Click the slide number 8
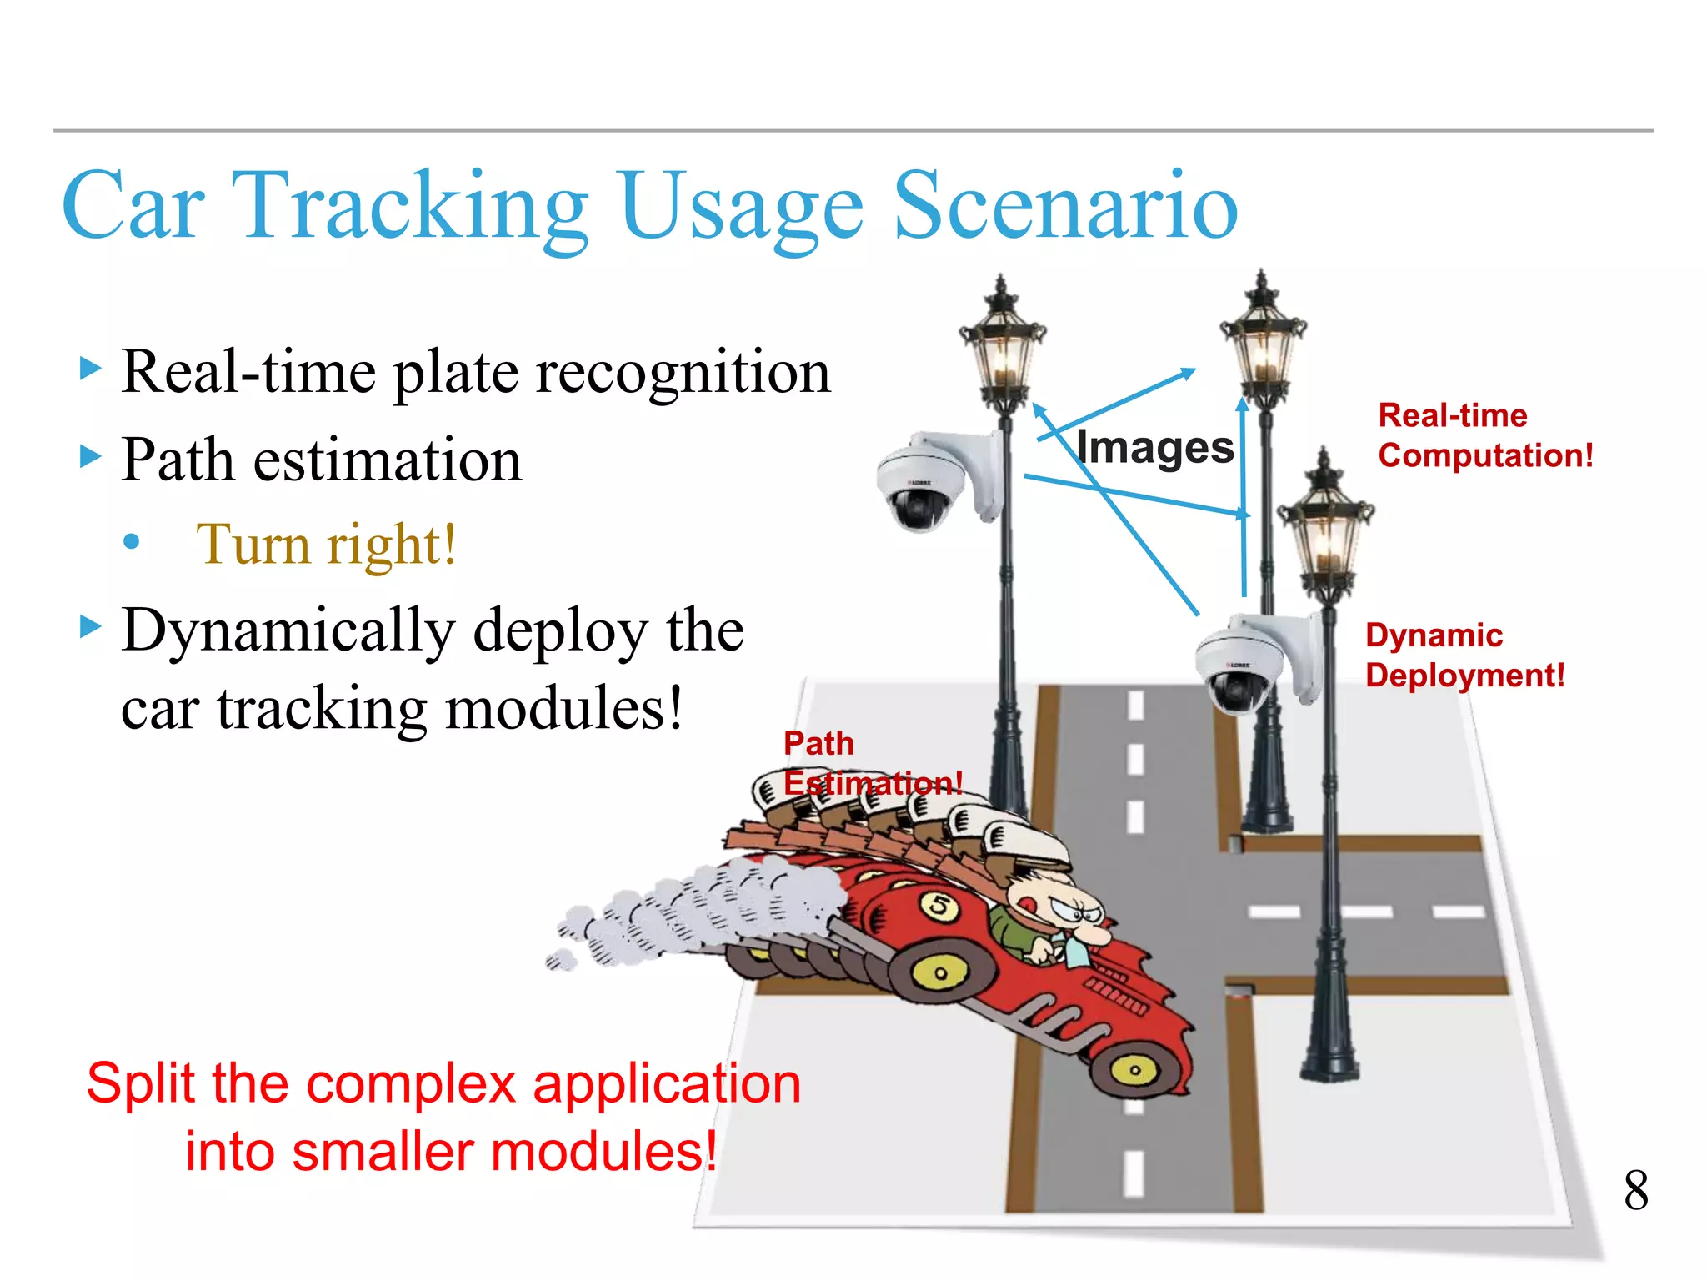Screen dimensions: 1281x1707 point(1635,1190)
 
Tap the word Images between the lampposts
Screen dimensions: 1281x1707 point(1154,448)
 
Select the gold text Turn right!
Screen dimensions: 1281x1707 point(326,545)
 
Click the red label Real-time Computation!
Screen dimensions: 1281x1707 point(1485,435)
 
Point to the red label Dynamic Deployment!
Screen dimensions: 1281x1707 point(1464,656)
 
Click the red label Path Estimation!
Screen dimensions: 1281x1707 point(871,763)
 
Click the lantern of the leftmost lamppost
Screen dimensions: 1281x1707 point(1003,350)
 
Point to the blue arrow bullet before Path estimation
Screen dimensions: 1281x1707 point(90,456)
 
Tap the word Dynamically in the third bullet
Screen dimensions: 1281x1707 point(288,631)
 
